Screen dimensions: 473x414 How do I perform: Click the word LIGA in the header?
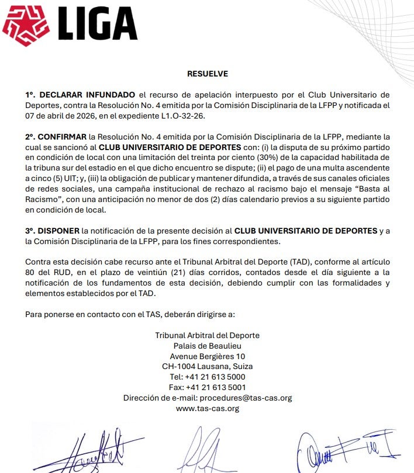point(98,26)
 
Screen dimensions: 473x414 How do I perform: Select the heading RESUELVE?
point(207,74)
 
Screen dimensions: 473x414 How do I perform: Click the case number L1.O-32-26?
point(199,115)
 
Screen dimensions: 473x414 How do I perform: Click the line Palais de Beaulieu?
point(207,346)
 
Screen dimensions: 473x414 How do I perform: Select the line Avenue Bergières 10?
point(207,356)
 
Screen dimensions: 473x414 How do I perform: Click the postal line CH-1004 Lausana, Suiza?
point(207,367)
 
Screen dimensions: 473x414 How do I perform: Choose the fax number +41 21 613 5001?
point(215,387)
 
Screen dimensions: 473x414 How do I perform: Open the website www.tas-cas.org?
point(207,408)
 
